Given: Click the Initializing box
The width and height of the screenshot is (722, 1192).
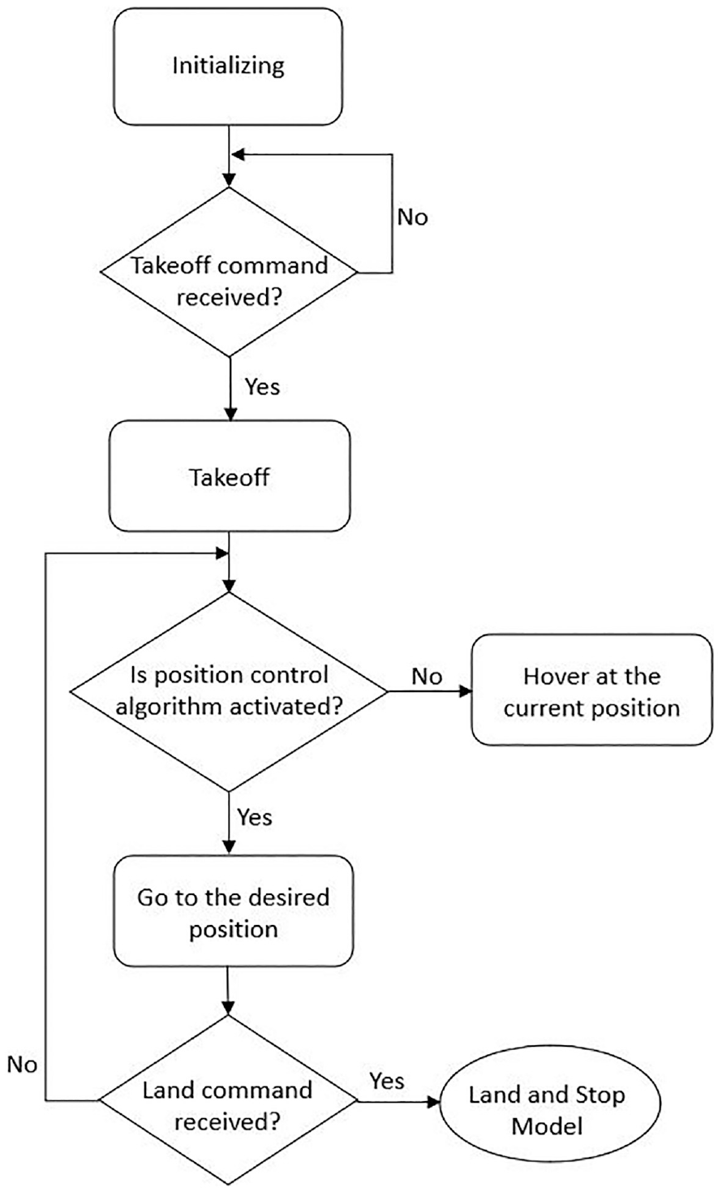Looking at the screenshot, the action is pos(228,67).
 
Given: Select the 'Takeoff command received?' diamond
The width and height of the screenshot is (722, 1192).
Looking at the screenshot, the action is pos(229,272).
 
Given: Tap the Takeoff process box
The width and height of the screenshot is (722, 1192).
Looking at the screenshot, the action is pos(230,476).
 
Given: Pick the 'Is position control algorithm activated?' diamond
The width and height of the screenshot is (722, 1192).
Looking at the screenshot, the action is pos(229,691).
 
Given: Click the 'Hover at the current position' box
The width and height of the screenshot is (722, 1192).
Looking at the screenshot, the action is pos(591,690).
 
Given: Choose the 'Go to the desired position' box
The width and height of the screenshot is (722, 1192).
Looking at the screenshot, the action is pos(234,913).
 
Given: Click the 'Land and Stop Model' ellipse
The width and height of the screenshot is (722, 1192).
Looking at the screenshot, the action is pos(547,1103).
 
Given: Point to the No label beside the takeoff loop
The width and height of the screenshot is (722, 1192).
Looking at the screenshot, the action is pos(412,217).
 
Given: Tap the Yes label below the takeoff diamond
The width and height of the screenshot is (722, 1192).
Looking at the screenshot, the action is pos(262,386).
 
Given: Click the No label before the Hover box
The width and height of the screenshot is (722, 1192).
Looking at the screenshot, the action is pos(427,677).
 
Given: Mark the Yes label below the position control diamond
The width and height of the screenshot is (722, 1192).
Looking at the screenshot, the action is pos(255,817).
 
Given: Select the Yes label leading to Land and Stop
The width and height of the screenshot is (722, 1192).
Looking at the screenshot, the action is pos(387,1081).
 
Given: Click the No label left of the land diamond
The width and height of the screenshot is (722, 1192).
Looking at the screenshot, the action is pos(23,1065).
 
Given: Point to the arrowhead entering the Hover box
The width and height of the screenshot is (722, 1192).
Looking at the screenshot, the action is pos(466,691).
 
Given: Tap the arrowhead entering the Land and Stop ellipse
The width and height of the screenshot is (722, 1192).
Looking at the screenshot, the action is pos(434,1103).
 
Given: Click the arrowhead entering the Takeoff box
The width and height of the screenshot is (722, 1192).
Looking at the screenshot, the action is pos(230,414).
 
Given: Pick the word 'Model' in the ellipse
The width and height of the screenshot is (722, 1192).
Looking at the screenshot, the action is pos(547,1126).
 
